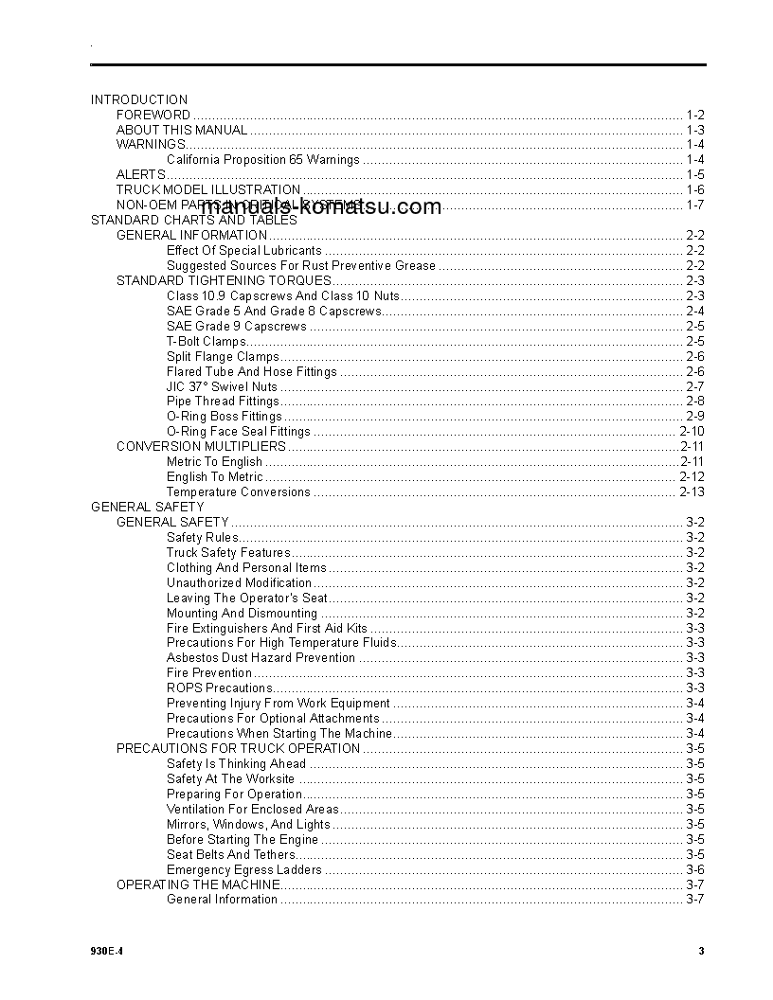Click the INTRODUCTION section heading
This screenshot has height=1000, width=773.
139,99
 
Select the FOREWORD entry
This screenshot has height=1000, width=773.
153,115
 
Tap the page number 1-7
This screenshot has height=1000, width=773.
694,205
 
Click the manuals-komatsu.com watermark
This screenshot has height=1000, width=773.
321,207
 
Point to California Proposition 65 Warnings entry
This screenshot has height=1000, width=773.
262,160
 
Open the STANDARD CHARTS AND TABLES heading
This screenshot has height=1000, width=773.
193,221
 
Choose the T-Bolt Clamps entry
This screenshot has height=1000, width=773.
206,342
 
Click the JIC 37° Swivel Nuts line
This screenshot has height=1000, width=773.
222,386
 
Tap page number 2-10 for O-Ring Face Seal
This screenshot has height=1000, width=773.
692,432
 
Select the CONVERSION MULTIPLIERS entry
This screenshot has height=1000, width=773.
201,446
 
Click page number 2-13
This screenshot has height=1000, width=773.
692,492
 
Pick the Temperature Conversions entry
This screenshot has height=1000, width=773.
238,492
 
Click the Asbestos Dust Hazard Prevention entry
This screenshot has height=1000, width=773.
261,658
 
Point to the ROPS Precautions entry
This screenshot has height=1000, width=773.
219,688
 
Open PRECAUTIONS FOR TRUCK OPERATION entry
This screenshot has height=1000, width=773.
238,749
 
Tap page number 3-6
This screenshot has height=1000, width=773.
694,870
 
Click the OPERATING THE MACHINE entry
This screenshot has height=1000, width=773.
198,884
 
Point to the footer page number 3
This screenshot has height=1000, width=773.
701,952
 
